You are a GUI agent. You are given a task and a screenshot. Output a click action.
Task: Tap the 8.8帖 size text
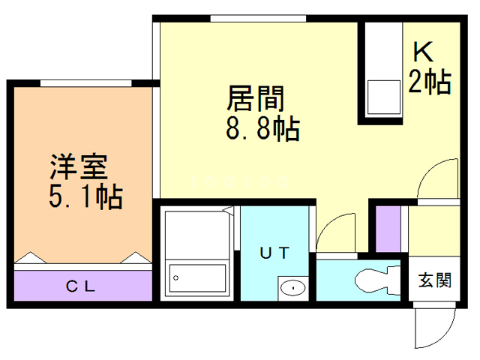(262, 129)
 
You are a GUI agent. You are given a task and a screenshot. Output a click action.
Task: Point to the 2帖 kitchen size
(429, 80)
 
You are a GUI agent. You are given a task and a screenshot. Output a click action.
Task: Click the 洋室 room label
(79, 166)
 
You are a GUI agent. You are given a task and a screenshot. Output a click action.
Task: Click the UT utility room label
(274, 252)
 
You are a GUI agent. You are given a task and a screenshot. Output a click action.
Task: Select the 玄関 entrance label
(434, 281)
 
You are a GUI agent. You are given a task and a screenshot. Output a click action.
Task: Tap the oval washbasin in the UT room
(292, 286)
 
